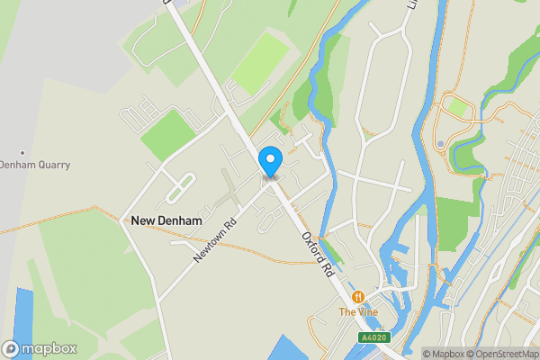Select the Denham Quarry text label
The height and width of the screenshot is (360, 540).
pyautogui.click(x=34, y=165)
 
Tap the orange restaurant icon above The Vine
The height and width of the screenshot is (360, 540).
pyautogui.click(x=358, y=296)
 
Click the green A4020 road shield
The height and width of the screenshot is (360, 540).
pyautogui.click(x=374, y=337)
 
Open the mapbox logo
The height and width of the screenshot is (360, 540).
pyautogui.click(x=40, y=348)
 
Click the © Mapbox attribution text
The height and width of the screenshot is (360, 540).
pyautogui.click(x=445, y=354)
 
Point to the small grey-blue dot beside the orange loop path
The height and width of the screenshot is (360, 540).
pyautogui.click(x=440, y=144)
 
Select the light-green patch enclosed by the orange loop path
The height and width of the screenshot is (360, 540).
pyautogui.click(x=458, y=108)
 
